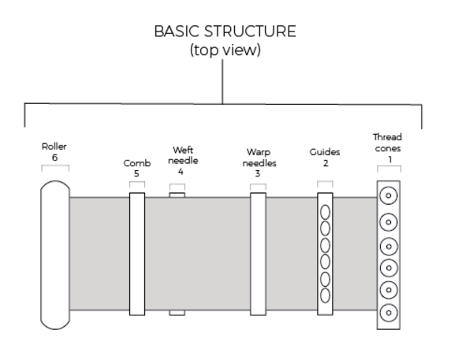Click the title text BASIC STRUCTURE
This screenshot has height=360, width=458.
[x=225, y=32]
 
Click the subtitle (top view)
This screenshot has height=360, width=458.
[x=225, y=50]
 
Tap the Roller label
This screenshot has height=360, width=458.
[x=54, y=147]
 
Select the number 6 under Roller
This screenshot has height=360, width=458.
[x=54, y=158]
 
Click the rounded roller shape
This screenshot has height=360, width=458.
[x=55, y=255]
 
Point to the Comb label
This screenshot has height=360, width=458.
[x=137, y=163]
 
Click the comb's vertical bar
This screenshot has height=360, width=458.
[x=137, y=254]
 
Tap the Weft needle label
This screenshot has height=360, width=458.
[x=183, y=155]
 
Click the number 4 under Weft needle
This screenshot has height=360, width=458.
[x=181, y=172]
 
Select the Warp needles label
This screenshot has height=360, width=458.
[x=259, y=158]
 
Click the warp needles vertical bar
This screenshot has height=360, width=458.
[x=258, y=254]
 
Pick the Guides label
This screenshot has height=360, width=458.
[x=325, y=152]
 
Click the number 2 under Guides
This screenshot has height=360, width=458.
[x=326, y=163]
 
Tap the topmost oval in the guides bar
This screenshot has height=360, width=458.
[x=325, y=212]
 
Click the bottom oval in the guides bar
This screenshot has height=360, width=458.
[x=325, y=295]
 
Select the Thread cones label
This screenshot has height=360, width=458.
[x=388, y=143]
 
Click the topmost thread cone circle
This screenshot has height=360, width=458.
[x=389, y=195]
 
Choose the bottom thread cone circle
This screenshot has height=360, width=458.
[x=389, y=313]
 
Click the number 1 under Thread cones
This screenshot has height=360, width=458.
[x=389, y=159]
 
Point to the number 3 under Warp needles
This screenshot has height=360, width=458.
[x=257, y=174]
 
